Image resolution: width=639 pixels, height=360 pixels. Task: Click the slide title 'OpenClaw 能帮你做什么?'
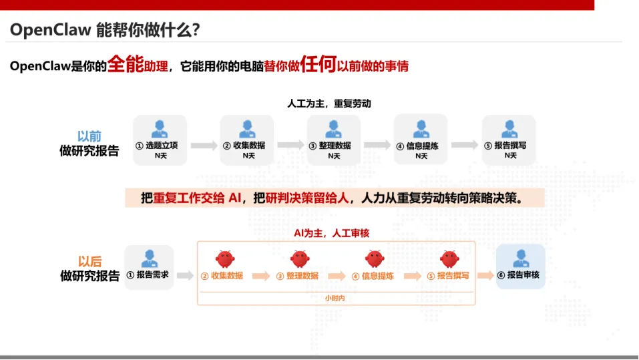[x=105, y=31]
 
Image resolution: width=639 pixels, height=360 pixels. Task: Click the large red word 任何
[x=318, y=65]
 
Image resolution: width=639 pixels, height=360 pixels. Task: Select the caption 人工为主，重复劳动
[x=329, y=104]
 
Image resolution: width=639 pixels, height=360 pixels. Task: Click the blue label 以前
[x=89, y=136]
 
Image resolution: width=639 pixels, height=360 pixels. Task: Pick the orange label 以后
[x=89, y=261]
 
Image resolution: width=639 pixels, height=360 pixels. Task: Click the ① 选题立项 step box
[x=160, y=140]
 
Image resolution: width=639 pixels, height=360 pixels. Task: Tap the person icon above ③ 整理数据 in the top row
[x=334, y=128]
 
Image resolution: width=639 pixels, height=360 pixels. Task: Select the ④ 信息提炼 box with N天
[x=420, y=140]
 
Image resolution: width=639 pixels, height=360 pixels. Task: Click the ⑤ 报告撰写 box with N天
[x=509, y=140]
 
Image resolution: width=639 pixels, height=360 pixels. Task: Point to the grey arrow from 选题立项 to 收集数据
[x=204, y=145]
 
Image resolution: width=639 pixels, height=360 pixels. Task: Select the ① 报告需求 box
[x=149, y=266]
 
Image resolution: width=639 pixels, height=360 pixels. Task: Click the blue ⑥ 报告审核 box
[x=520, y=266]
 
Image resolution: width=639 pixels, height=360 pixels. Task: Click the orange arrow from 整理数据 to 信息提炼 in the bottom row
[x=337, y=276]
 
